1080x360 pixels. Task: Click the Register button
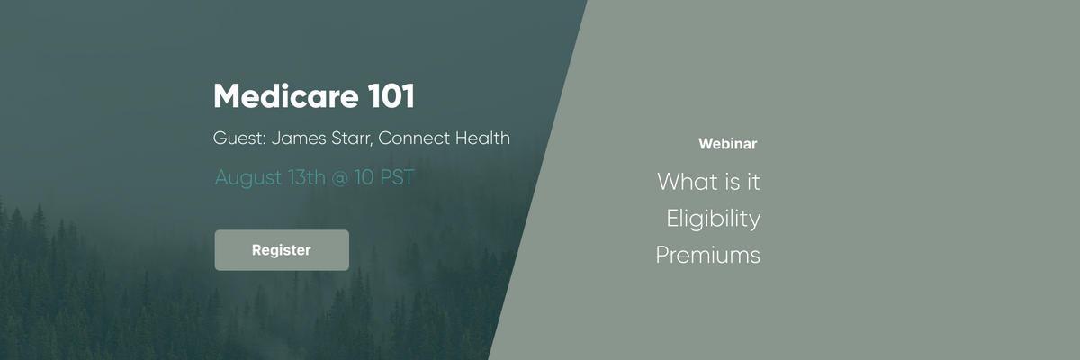[x=282, y=250]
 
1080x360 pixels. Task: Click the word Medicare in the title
[x=286, y=96]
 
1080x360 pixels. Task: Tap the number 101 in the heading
[x=391, y=96]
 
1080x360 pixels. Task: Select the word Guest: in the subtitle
[x=239, y=139]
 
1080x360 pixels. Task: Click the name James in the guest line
[x=299, y=139]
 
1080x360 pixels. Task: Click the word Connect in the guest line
[x=414, y=139]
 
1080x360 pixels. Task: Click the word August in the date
[x=248, y=178]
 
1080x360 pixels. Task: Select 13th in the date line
[x=307, y=177]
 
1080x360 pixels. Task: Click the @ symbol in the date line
[x=340, y=178]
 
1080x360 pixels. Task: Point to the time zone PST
[x=397, y=177]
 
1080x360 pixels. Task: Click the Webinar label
[x=727, y=144]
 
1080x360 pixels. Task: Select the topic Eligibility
[x=713, y=219]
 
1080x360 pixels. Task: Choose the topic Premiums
[x=707, y=255]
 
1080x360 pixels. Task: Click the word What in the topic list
[x=681, y=182]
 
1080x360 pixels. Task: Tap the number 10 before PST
[x=364, y=177]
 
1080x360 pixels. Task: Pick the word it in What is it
[x=753, y=182]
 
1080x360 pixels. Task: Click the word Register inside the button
[x=282, y=250]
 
